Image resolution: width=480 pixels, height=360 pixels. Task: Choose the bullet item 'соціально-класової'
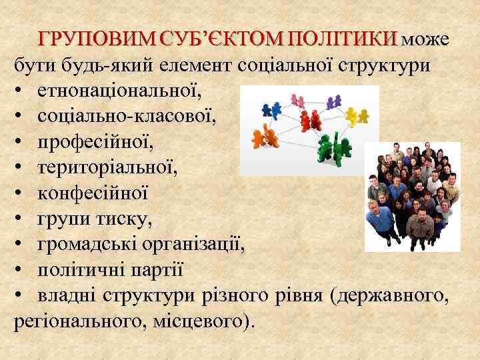(x=127, y=116)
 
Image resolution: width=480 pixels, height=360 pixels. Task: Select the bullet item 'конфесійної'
(x=93, y=193)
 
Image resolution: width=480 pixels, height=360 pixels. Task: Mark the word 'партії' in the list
(x=159, y=271)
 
